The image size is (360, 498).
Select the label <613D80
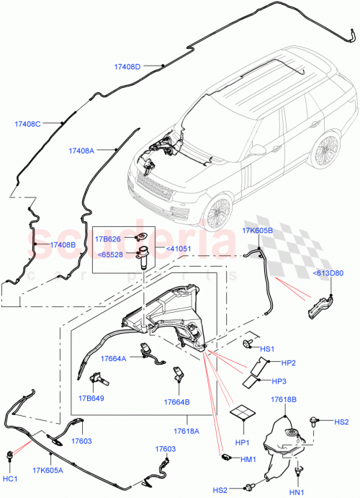328,272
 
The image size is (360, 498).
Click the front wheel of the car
217,212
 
